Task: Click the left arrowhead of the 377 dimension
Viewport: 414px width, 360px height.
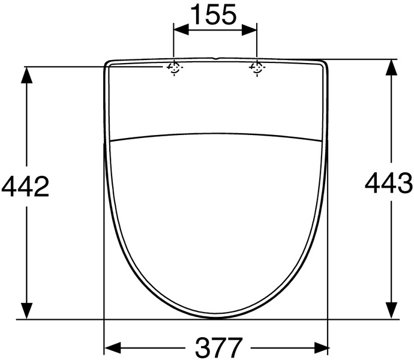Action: coord(112,347)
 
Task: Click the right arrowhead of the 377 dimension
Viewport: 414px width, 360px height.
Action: coord(320,347)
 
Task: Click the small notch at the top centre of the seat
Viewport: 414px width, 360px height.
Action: coord(215,59)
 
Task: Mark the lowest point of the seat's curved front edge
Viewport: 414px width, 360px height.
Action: coord(217,317)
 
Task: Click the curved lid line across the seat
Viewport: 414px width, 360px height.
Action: coord(216,133)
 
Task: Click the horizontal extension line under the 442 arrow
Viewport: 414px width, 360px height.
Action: coord(54,320)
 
